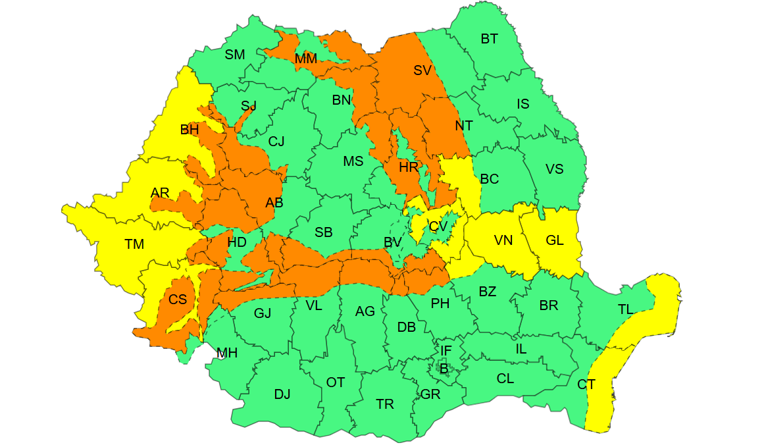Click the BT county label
[x=489, y=39]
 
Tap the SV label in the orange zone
[x=422, y=70]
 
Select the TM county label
[x=134, y=245]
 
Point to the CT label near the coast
[x=586, y=384]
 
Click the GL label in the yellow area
[x=555, y=240]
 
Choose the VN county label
[x=503, y=240]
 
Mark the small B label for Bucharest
[x=444, y=369]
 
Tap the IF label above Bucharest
[x=446, y=351]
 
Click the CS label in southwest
[x=178, y=300]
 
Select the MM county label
[x=305, y=59]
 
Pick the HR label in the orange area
[x=409, y=167]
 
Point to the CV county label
[x=438, y=226]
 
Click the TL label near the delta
[x=626, y=309]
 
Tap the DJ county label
[x=282, y=394]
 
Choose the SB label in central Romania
[x=323, y=232]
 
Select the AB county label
[x=274, y=203]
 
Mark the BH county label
[x=190, y=130]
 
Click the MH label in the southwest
[x=227, y=354]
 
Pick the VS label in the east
[x=555, y=169]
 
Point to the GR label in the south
[x=430, y=394]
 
